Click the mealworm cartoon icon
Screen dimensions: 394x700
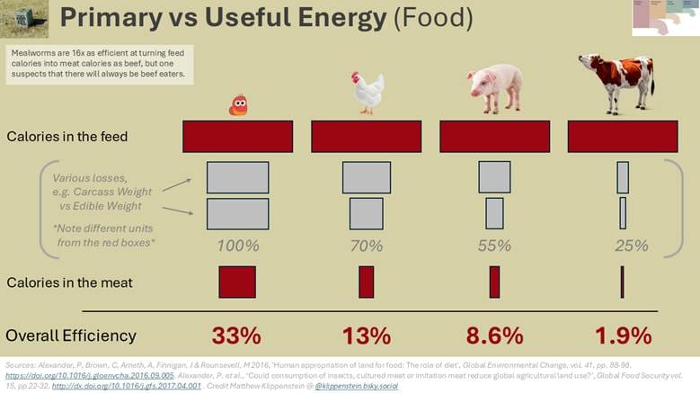click(238, 105)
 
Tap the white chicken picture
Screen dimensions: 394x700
click(367, 92)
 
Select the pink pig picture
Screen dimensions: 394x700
click(494, 88)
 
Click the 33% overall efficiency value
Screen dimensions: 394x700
click(236, 336)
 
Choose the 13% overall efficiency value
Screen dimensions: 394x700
click(366, 336)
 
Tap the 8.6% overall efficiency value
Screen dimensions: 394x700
click(494, 336)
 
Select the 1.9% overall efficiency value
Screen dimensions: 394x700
click(623, 336)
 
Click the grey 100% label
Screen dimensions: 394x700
click(238, 245)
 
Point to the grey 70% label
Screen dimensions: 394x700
click(366, 245)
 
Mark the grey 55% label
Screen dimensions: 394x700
click(494, 245)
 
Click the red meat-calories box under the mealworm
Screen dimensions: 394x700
click(237, 282)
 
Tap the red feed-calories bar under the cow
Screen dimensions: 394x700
click(623, 136)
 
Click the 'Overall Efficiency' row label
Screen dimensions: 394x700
click(71, 336)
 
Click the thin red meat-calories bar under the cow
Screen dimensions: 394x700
click(622, 282)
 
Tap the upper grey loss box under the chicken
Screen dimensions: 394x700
click(367, 177)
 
